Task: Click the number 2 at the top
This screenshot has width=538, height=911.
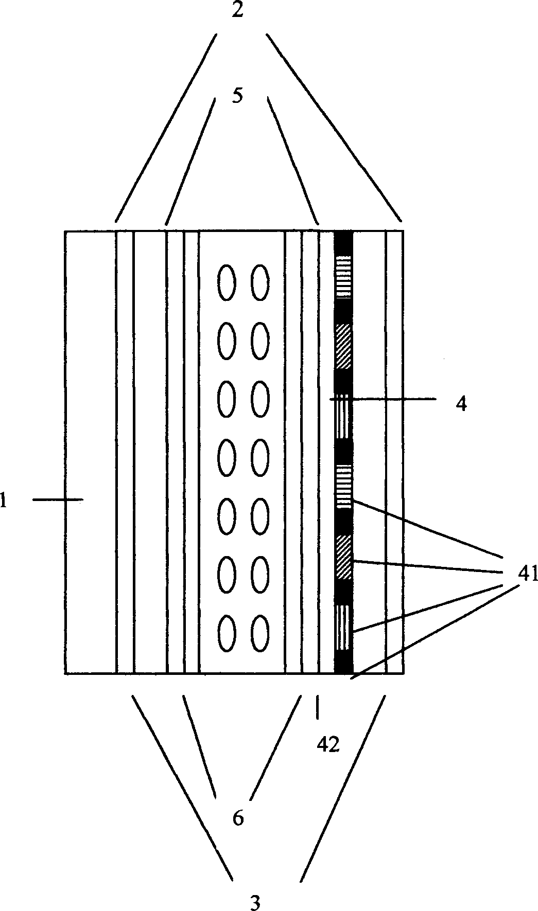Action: [x=237, y=11]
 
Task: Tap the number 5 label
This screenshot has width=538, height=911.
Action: [x=237, y=95]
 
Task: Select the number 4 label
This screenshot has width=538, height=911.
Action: [x=462, y=404]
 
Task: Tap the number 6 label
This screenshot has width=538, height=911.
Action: [x=238, y=818]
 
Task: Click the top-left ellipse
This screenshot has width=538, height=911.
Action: [x=227, y=282]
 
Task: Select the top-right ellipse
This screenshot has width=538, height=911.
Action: [x=260, y=282]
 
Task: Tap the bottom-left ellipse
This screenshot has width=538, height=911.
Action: [x=227, y=633]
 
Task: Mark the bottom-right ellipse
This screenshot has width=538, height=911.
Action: [x=260, y=633]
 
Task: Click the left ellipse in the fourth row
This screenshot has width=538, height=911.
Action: [x=227, y=457]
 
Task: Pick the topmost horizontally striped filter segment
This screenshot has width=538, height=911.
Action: [x=344, y=277]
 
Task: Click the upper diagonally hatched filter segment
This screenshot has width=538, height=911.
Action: [x=344, y=346]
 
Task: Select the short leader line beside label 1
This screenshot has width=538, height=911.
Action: [x=58, y=499]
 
